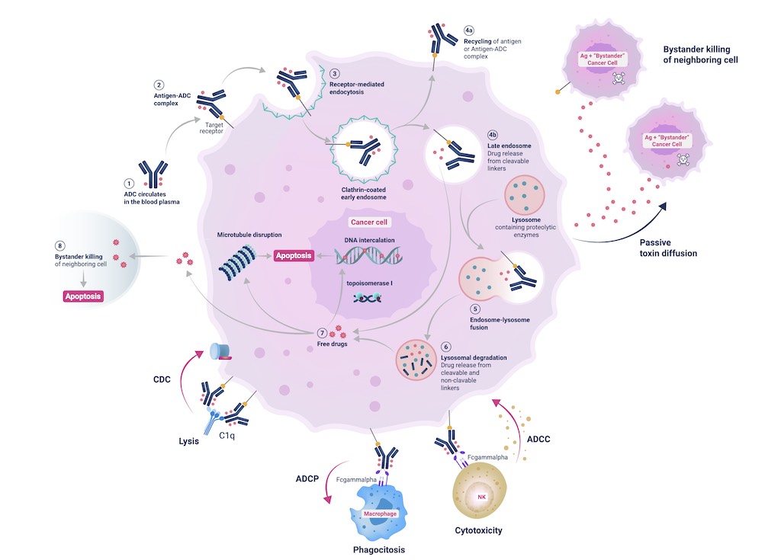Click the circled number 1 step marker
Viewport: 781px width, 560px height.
point(129,183)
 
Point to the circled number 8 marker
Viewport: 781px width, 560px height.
point(59,245)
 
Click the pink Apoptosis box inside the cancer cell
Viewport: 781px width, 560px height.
point(294,256)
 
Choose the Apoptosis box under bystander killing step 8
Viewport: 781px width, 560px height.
point(83,296)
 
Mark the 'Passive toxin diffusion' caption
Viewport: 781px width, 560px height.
point(667,248)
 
